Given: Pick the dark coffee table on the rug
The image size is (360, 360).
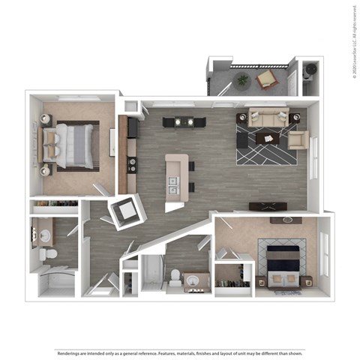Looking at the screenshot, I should click(x=268, y=138).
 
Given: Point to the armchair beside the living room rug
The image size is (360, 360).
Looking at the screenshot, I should click(x=297, y=140).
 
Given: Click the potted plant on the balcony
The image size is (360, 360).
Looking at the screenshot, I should click(x=241, y=79).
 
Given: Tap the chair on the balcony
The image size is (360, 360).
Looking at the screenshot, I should click(x=266, y=78).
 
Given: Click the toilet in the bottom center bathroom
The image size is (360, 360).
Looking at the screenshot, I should click(x=174, y=277).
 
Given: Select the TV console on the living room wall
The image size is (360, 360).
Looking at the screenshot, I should click(x=270, y=206).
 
